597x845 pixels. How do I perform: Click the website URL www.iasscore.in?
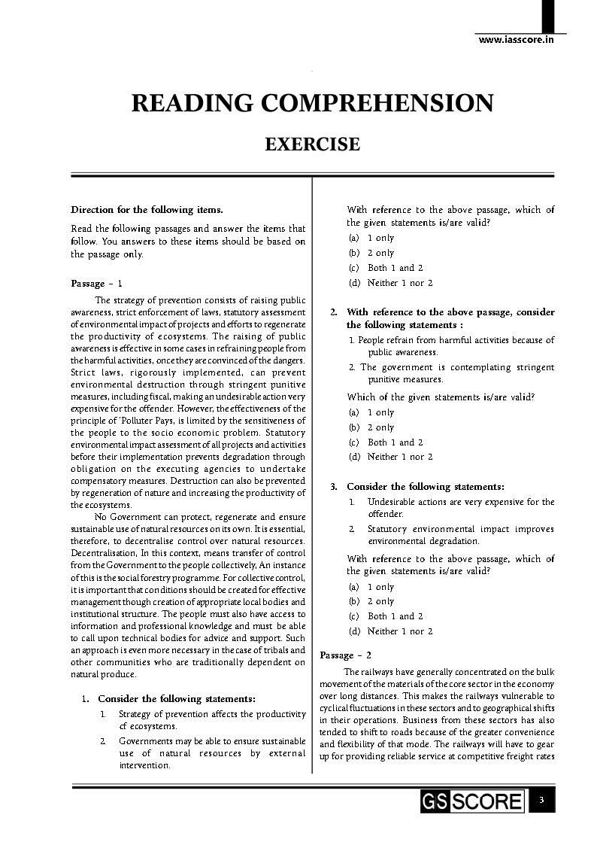click(x=516, y=40)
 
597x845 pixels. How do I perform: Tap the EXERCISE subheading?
click(x=312, y=144)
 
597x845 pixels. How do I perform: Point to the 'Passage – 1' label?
click(x=96, y=284)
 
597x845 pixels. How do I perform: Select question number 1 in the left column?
click(x=86, y=699)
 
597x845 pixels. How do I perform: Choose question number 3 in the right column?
click(x=334, y=487)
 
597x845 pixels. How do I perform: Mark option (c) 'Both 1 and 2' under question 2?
click(x=386, y=442)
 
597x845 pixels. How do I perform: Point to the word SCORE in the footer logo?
click(x=487, y=802)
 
